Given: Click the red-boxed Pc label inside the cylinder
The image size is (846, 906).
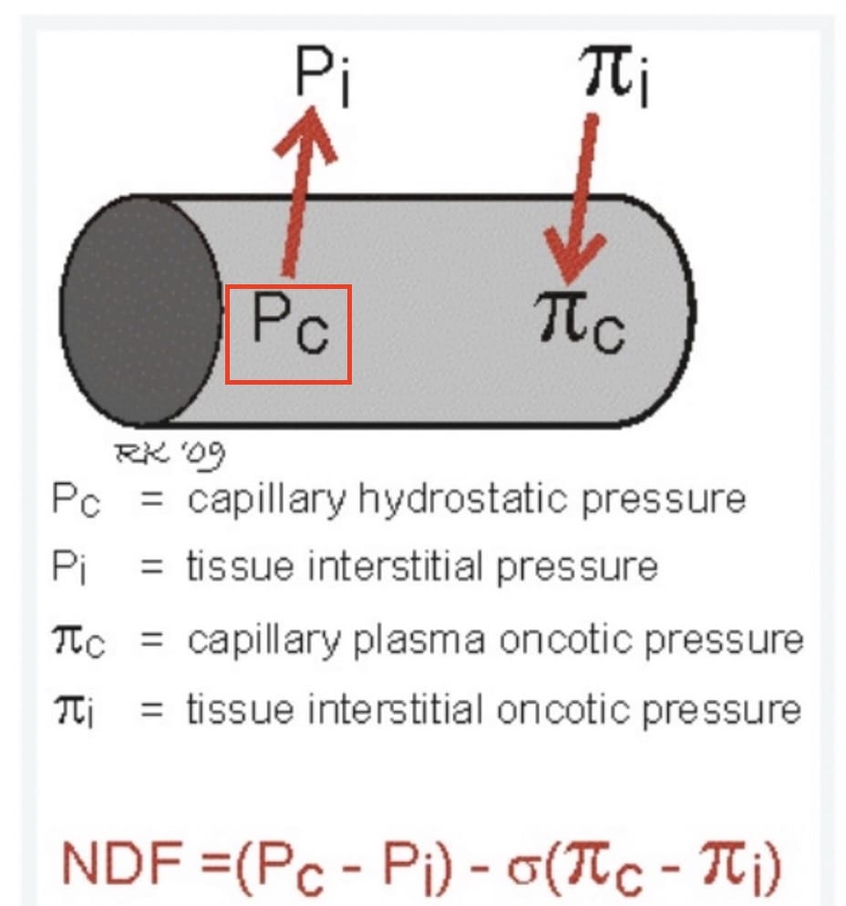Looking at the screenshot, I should click(x=288, y=333).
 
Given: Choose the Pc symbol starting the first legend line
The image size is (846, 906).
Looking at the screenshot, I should click(x=75, y=500).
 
